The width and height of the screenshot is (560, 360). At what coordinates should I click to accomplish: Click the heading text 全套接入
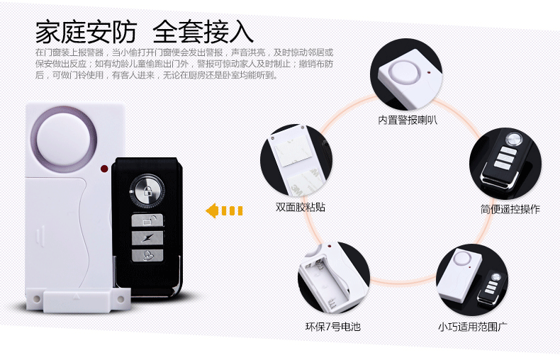[203, 32]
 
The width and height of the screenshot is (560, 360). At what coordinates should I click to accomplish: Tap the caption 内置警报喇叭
[407, 120]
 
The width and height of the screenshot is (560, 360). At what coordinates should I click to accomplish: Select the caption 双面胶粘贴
[301, 208]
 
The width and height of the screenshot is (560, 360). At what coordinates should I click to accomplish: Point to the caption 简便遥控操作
[510, 209]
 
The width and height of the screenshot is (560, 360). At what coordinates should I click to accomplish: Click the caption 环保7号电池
[332, 327]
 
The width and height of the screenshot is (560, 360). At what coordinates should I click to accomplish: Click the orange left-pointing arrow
[224, 210]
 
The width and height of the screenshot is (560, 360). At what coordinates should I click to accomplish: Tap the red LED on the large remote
[104, 169]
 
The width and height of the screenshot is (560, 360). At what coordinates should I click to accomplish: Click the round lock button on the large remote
[147, 189]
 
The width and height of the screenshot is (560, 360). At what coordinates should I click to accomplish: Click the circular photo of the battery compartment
[333, 278]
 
